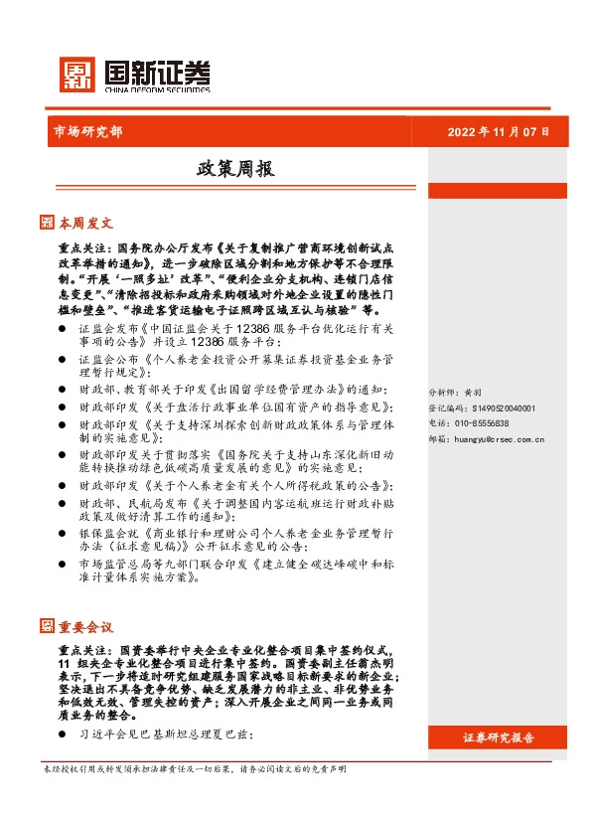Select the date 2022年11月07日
point(498,131)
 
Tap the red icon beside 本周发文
point(48,223)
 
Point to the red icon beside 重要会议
point(48,626)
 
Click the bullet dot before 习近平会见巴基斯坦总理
point(63,735)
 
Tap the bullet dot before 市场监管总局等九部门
point(63,563)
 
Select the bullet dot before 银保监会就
point(63,534)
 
